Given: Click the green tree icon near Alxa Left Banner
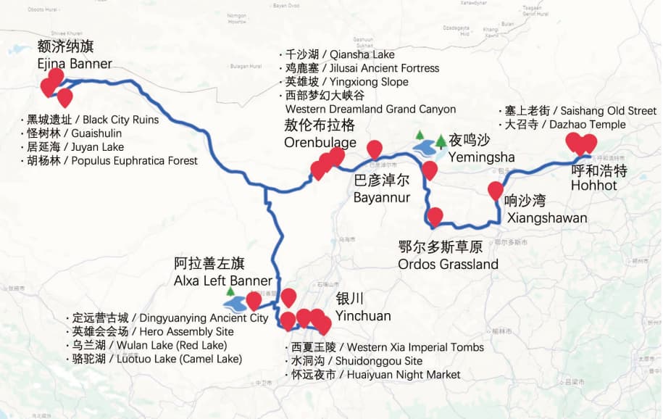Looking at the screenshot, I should (x=230, y=292).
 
